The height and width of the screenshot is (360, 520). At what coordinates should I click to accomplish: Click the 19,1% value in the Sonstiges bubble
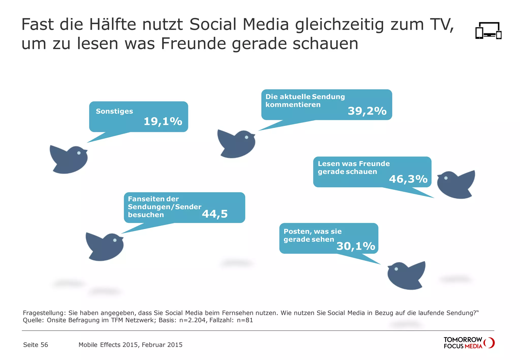tap(163, 121)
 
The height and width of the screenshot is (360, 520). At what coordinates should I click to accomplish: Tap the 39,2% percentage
tap(367, 111)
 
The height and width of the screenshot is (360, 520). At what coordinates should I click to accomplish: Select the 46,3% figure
tap(408, 179)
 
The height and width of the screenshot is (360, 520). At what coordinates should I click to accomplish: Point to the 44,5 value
tap(215, 214)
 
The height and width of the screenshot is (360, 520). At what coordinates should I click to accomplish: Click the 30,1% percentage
tap(355, 246)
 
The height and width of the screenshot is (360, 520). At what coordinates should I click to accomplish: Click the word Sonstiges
tap(114, 111)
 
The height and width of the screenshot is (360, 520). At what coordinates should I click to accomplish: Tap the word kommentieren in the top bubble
tap(293, 105)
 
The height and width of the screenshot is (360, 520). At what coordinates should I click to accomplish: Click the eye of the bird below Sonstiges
tap(79, 153)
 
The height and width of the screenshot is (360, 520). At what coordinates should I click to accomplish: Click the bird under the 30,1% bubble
tap(406, 276)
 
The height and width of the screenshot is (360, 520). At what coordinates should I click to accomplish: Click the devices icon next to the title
tap(488, 31)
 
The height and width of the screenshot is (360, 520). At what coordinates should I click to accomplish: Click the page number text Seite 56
tap(36, 345)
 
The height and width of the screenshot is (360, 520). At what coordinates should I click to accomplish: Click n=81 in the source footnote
tap(245, 320)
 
